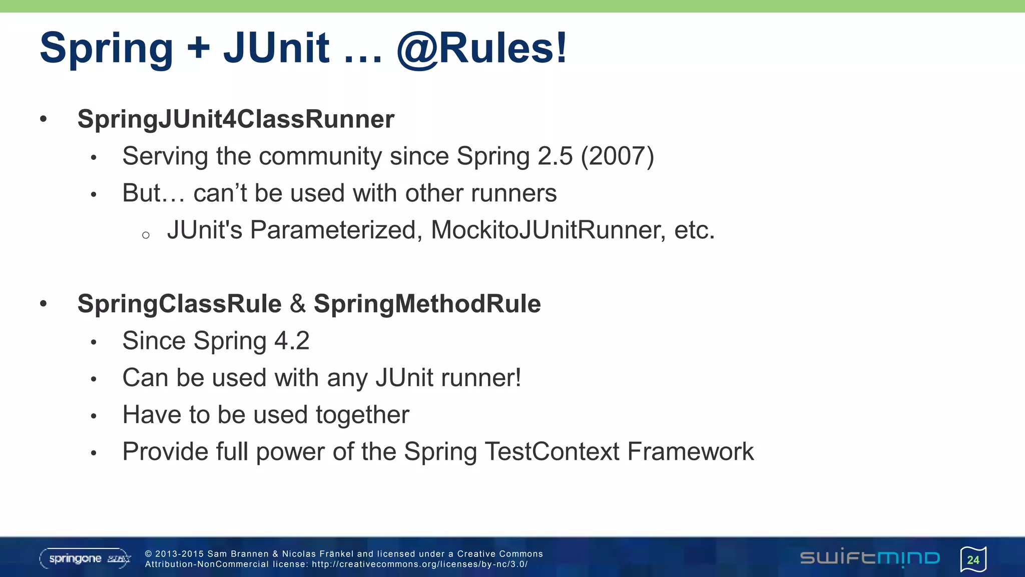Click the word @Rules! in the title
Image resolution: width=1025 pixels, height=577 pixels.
pos(482,49)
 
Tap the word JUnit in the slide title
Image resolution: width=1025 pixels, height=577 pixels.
pos(276,49)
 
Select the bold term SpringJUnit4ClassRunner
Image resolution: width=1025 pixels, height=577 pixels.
pos(236,119)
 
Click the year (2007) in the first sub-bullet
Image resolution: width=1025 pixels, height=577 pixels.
pos(617,156)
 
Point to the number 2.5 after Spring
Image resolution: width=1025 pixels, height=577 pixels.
pos(555,156)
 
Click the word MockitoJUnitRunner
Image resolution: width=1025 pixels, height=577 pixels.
pos(548,230)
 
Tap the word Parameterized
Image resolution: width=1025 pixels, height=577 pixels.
pos(333,230)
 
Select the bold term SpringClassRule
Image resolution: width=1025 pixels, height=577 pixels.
pos(180,304)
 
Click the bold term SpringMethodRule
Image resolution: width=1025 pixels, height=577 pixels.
pos(427,304)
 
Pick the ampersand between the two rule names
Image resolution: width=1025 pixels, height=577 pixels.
pos(298,304)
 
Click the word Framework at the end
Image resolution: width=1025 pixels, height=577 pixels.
pos(690,452)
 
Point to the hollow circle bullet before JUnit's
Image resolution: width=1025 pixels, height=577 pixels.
pos(146,235)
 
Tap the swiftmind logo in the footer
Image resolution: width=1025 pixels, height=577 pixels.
pos(870,558)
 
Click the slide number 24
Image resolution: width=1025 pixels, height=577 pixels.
pos(973,560)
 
